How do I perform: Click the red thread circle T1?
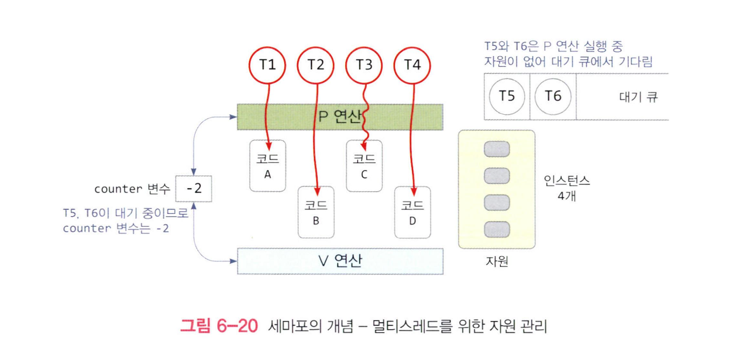pyautogui.click(x=267, y=65)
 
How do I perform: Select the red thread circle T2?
pyautogui.click(x=316, y=65)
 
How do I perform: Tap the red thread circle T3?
pyautogui.click(x=365, y=65)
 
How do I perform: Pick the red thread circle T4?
pyautogui.click(x=413, y=65)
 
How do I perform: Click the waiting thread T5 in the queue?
pyautogui.click(x=507, y=96)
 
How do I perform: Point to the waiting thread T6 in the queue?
pyautogui.click(x=553, y=96)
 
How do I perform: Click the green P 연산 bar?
pyautogui.click(x=340, y=117)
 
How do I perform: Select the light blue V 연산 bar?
pyautogui.click(x=340, y=261)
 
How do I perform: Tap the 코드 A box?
pyautogui.click(x=267, y=165)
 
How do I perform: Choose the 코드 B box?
pyautogui.click(x=316, y=212)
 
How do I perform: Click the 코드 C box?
pyautogui.click(x=364, y=165)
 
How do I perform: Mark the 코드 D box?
pyautogui.click(x=413, y=212)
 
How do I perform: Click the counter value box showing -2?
pyautogui.click(x=194, y=189)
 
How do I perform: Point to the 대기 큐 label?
pyautogui.click(x=638, y=98)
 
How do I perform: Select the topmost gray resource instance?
pyautogui.click(x=497, y=149)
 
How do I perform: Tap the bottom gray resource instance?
pyautogui.click(x=497, y=229)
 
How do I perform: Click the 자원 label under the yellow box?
pyautogui.click(x=497, y=262)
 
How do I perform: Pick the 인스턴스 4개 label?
pyautogui.click(x=566, y=188)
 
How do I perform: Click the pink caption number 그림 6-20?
pyautogui.click(x=218, y=326)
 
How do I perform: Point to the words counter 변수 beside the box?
pyautogui.click(x=132, y=189)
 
